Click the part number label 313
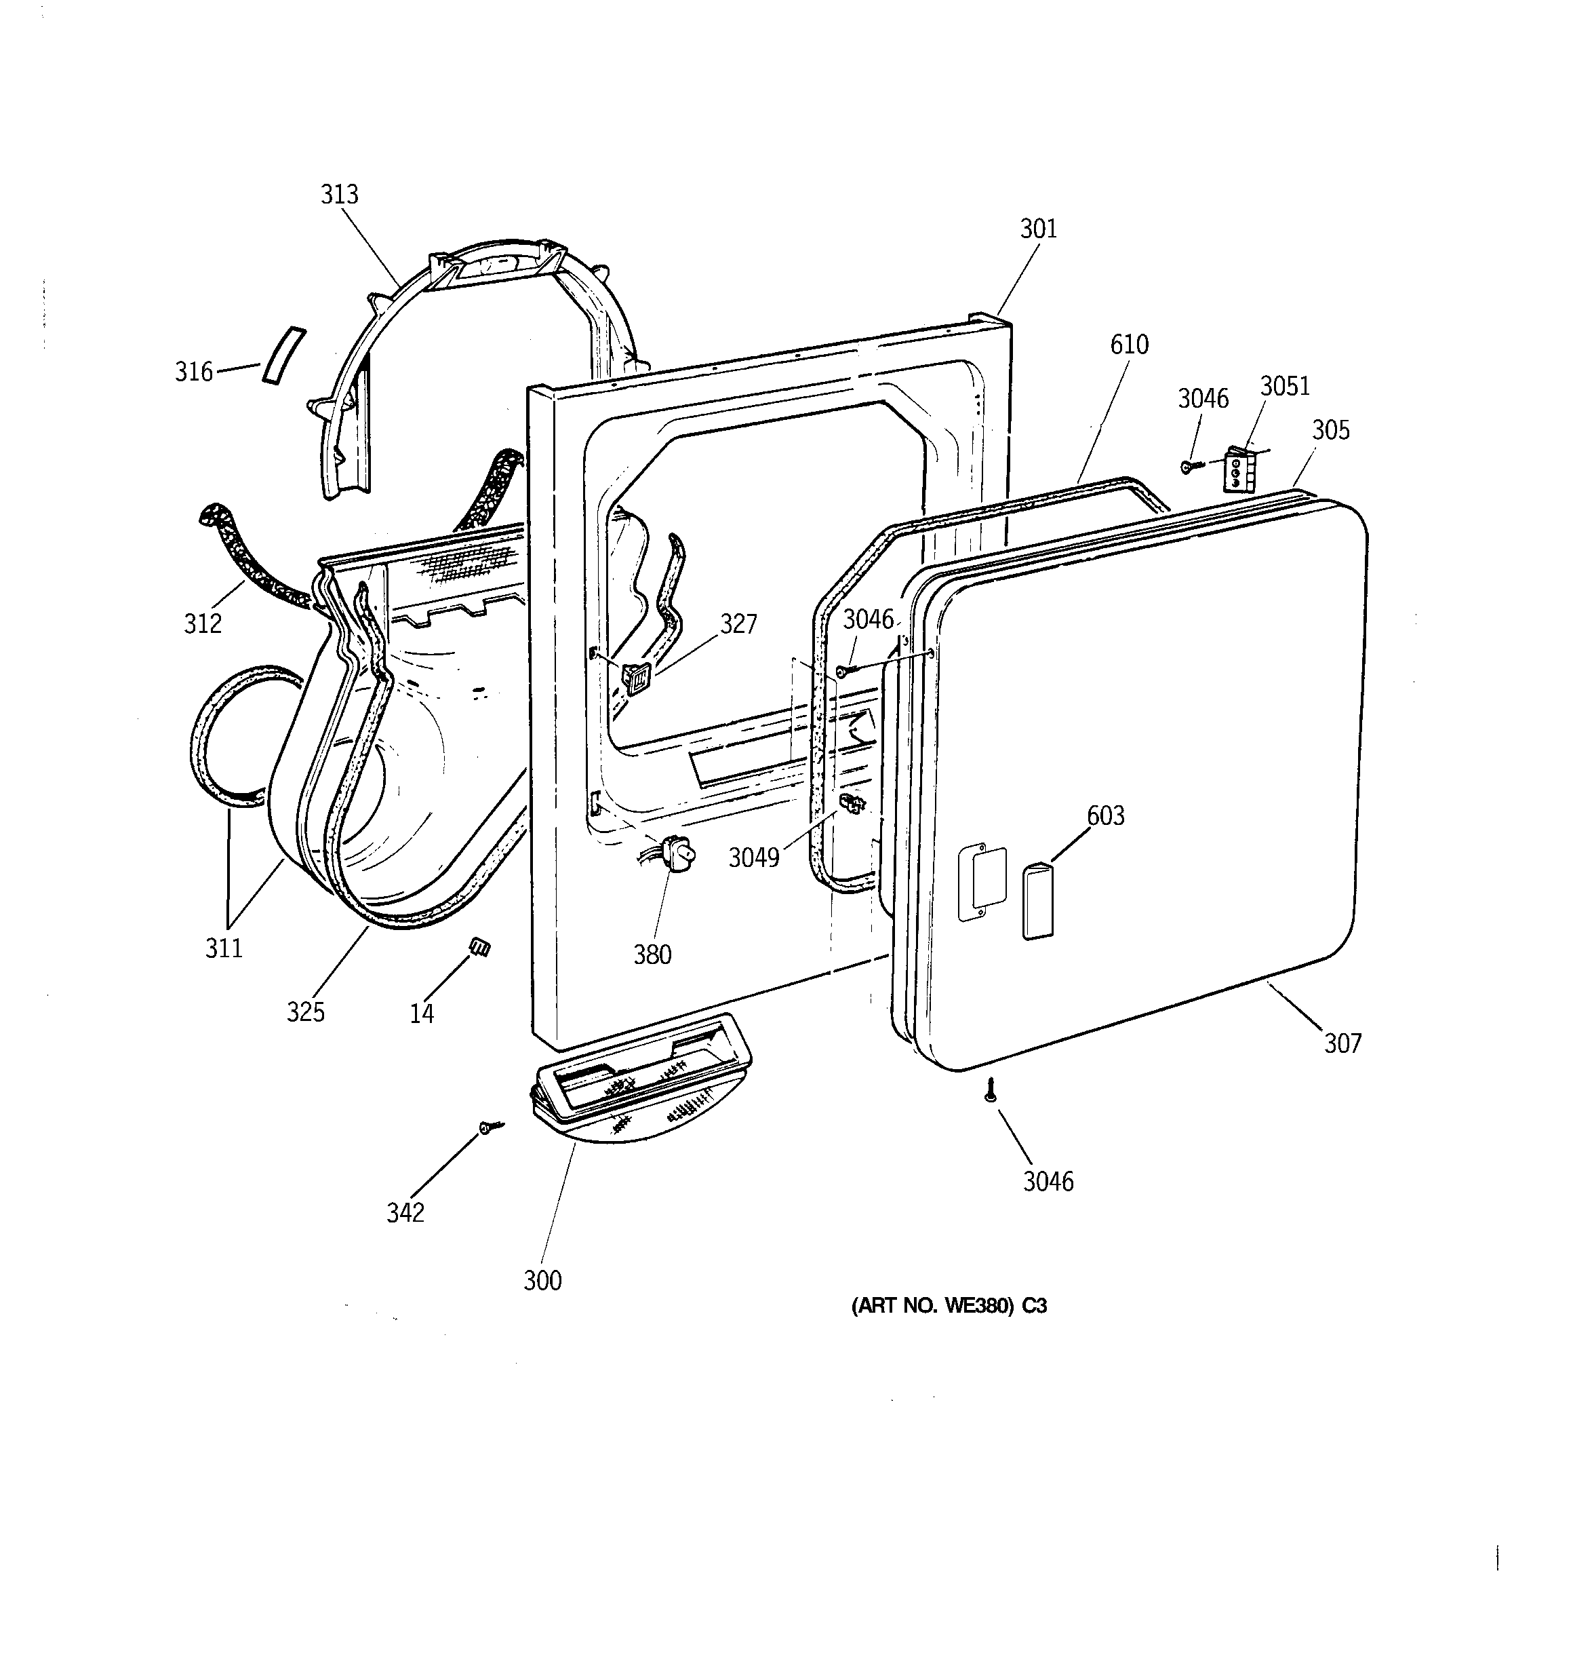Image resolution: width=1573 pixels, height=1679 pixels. pos(340,195)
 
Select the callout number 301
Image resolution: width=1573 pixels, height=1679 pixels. pos(1039,229)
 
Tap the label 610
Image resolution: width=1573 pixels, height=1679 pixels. pos(1130,345)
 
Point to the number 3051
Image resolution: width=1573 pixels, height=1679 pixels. pos(1285,386)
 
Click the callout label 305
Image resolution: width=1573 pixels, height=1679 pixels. pos(1331,431)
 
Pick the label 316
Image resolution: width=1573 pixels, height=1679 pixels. pos(193,372)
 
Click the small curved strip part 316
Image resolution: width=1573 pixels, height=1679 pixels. pos(283,355)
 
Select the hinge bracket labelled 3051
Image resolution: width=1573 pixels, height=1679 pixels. pos(1238,469)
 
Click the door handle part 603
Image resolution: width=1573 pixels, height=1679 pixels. pos(1037,901)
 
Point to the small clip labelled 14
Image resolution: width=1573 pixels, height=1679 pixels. pos(479,948)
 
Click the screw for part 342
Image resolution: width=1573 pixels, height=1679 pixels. pos(488,1127)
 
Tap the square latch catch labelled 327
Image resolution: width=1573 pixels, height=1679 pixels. pos(635,676)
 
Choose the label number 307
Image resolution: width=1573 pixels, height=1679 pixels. pos(1342,1044)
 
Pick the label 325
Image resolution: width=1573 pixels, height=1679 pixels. pos(306,1011)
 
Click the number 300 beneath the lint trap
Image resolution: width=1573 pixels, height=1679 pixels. pos(542,1281)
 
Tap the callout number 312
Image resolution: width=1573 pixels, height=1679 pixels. pos(203,623)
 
